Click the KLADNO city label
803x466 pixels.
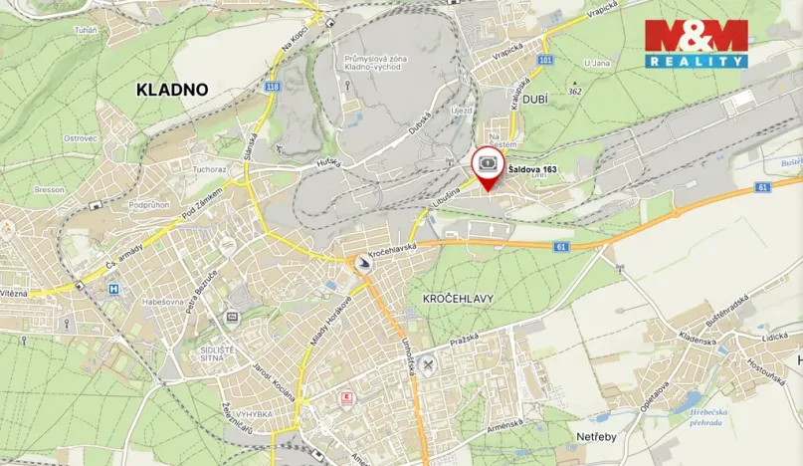[x=172, y=90]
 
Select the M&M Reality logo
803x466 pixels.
[x=697, y=44]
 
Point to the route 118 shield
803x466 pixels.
[x=272, y=87]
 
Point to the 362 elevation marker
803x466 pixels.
[x=574, y=92]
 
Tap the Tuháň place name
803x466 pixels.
[x=86, y=29]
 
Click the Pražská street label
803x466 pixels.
[x=463, y=340]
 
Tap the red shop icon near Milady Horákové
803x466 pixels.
[x=345, y=397]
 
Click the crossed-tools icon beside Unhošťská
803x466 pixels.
[x=429, y=364]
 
